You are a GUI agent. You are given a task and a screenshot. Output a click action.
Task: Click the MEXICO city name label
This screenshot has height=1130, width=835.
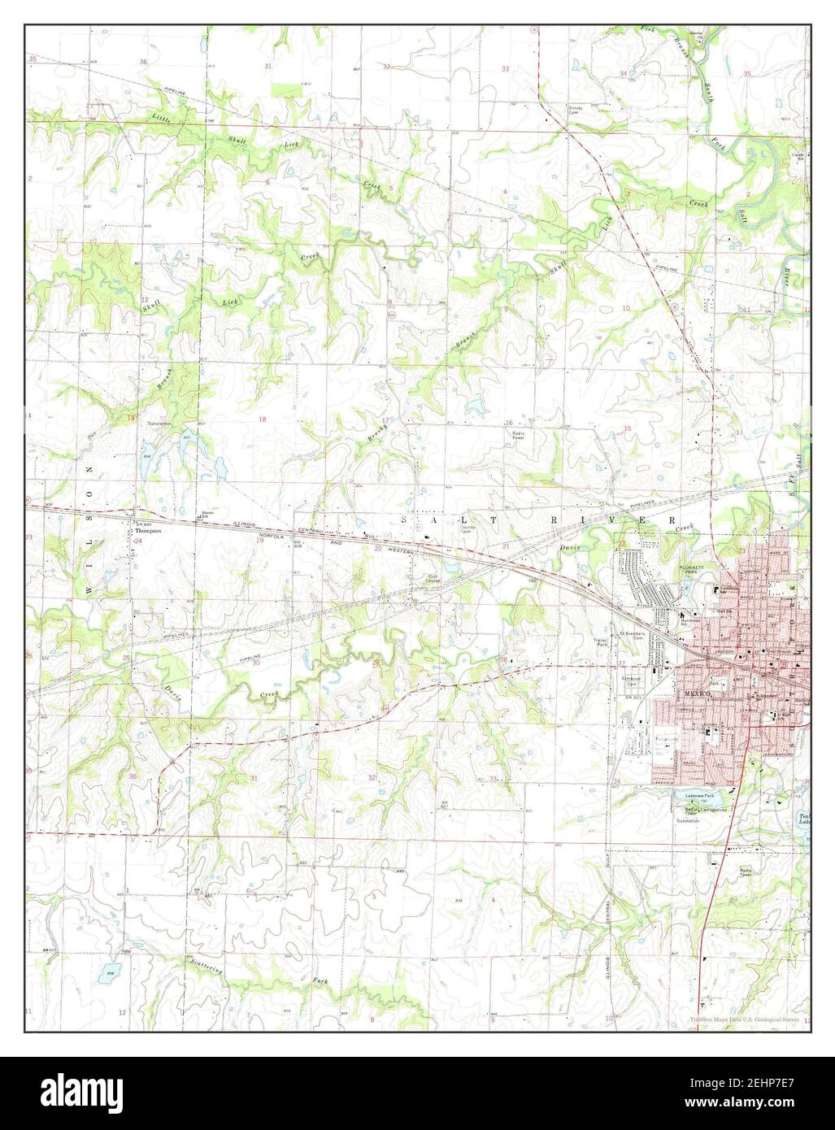coord(698,693)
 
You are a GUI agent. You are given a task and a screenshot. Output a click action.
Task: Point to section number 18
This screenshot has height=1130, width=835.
coord(262,419)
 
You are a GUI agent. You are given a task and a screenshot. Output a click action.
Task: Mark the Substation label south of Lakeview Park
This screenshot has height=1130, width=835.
coord(688,820)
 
